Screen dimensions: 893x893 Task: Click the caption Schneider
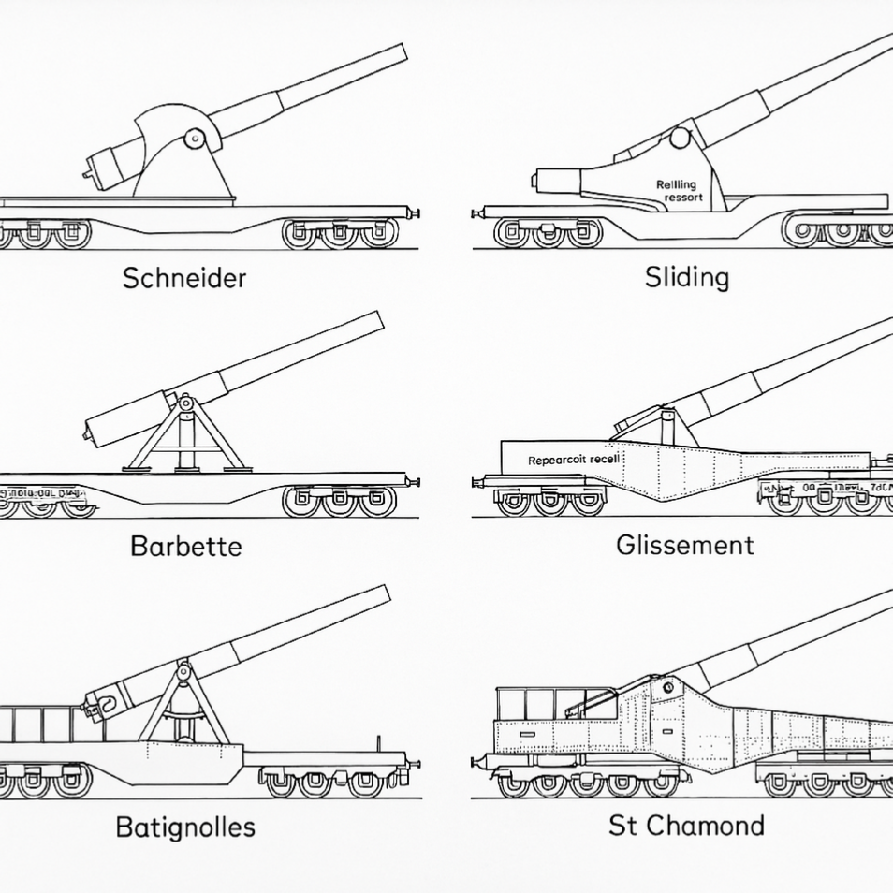click(x=184, y=277)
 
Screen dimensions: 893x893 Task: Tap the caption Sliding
click(x=686, y=277)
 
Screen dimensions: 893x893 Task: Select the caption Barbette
click(x=186, y=546)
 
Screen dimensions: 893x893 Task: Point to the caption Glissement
click(x=685, y=545)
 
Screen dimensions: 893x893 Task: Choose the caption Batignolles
click(x=185, y=827)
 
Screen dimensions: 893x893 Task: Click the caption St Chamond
click(x=686, y=826)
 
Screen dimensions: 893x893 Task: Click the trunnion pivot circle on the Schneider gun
click(x=195, y=139)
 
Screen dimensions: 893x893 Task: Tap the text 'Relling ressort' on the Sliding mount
click(x=677, y=191)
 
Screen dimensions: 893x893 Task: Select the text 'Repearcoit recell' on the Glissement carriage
click(x=574, y=460)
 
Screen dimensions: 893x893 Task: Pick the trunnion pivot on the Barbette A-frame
click(x=185, y=403)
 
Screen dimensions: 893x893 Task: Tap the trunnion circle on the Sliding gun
click(x=680, y=138)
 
